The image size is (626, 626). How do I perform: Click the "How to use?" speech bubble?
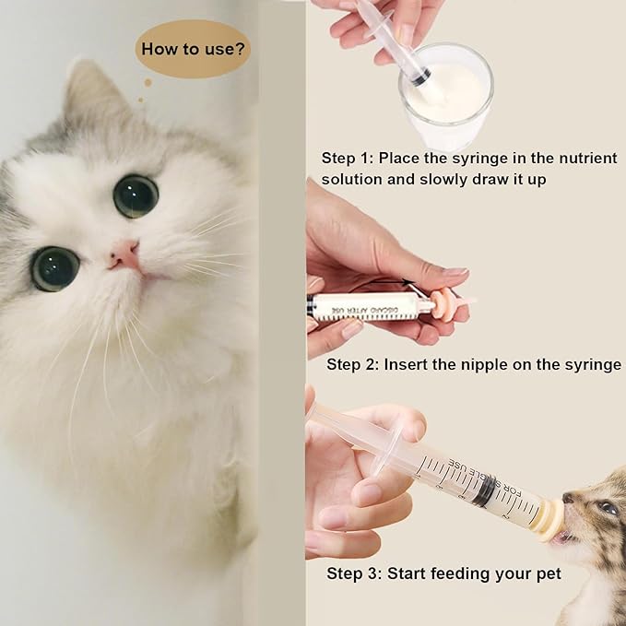(x=192, y=47)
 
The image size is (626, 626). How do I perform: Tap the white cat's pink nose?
(x=124, y=255)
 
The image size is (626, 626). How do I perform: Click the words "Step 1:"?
(x=348, y=159)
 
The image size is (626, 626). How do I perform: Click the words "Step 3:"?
(x=354, y=573)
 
